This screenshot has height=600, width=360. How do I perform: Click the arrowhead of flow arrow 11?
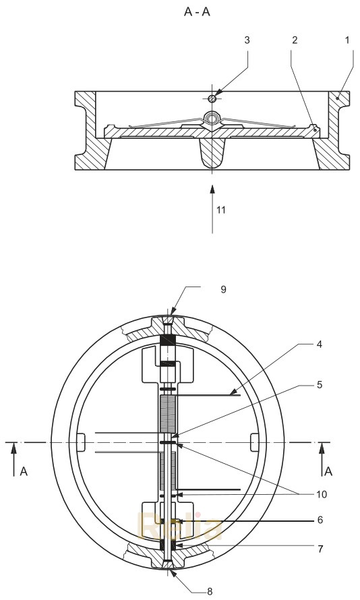(212, 182)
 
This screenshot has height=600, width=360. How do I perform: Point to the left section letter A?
(24, 472)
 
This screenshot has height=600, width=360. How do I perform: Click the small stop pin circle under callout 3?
(212, 98)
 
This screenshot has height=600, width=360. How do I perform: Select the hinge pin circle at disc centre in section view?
(212, 119)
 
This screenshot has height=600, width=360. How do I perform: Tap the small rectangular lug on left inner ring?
(81, 442)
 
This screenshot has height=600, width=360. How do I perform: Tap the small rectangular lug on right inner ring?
(254, 442)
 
